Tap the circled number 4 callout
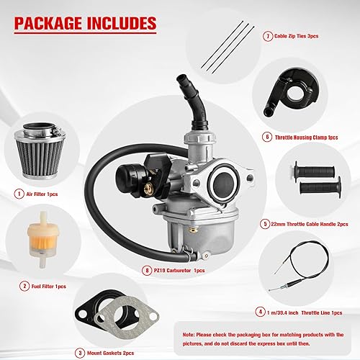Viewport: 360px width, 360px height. pyautogui.click(x=260, y=312)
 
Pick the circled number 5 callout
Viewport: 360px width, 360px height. pyautogui.click(x=265, y=224)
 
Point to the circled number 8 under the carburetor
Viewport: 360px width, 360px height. pyautogui.click(x=148, y=270)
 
